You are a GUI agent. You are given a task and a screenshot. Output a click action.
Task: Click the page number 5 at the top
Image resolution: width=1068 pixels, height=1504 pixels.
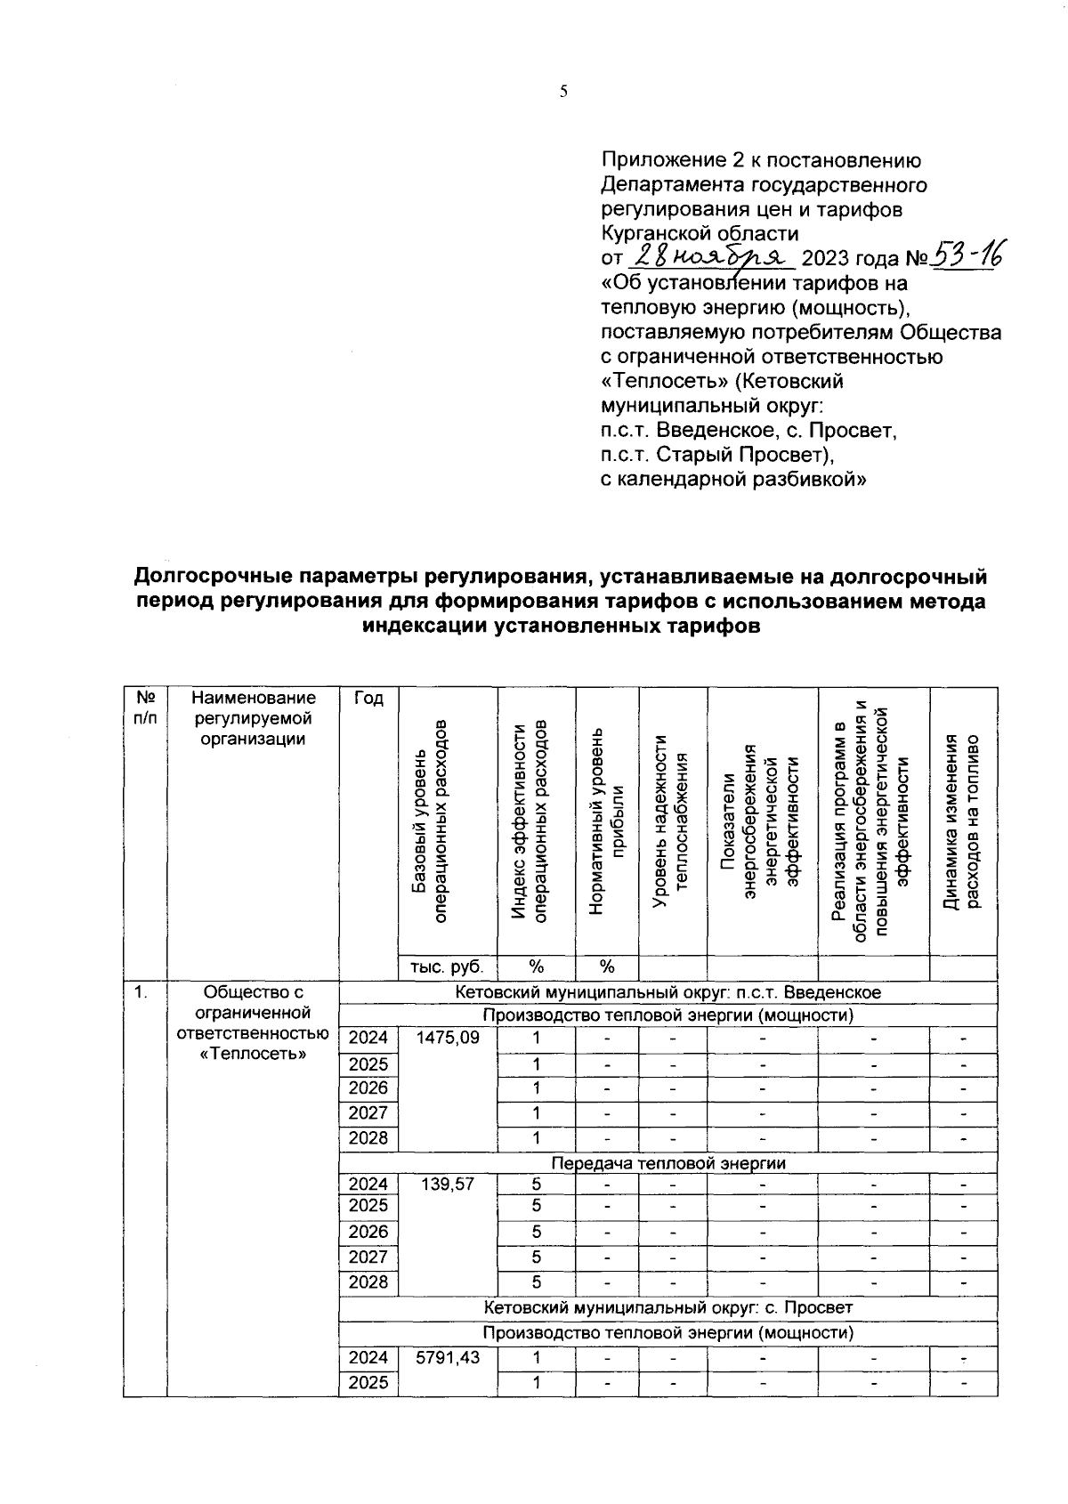coord(562,92)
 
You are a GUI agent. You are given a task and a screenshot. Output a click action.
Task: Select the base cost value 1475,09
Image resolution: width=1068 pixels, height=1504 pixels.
coord(447,1038)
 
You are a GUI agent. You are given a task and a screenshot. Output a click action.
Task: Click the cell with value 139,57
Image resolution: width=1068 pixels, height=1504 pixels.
coord(447,1184)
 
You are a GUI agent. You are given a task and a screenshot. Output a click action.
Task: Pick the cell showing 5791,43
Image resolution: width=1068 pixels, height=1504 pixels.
coord(447,1357)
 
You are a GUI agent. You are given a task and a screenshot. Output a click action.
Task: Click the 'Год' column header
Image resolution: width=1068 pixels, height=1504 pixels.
coord(368,699)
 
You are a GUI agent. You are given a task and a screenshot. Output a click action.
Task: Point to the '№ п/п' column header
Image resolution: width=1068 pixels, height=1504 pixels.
coord(145,709)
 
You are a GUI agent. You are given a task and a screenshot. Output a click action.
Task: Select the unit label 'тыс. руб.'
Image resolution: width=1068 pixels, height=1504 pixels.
coord(447,966)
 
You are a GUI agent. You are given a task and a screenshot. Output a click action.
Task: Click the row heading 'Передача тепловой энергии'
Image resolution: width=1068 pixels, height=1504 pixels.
coord(667,1163)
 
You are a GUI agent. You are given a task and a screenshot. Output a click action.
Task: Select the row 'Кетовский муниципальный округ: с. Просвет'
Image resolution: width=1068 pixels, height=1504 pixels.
coord(667,1307)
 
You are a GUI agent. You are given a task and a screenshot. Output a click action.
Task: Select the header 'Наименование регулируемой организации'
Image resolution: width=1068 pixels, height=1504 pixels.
coord(253,718)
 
